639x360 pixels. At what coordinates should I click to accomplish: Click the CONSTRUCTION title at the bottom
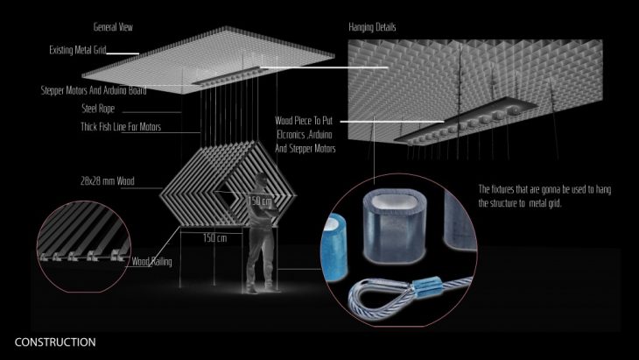click(x=55, y=342)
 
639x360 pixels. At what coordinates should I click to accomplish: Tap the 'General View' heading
click(x=113, y=27)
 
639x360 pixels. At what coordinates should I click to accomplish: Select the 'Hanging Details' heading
click(x=372, y=27)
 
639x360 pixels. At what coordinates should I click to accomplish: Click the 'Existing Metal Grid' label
click(x=77, y=50)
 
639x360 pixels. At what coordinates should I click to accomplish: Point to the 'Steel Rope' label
click(x=98, y=109)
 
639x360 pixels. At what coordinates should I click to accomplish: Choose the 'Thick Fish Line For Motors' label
click(x=121, y=127)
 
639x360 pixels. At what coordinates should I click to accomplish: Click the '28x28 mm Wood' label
click(x=107, y=180)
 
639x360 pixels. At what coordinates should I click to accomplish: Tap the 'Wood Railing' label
click(x=151, y=261)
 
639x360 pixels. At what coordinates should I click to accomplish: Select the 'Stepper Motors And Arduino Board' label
click(x=94, y=90)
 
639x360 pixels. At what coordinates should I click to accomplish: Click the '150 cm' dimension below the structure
click(x=214, y=237)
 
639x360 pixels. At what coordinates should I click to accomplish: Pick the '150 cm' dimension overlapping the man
click(x=260, y=201)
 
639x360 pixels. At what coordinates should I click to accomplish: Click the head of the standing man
click(x=260, y=180)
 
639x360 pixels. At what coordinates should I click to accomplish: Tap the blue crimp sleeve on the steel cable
click(x=427, y=285)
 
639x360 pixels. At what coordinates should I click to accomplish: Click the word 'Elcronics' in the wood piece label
click(x=291, y=135)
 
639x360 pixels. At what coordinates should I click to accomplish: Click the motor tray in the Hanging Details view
click(x=465, y=121)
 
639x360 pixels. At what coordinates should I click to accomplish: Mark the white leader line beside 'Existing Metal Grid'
click(x=123, y=53)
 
